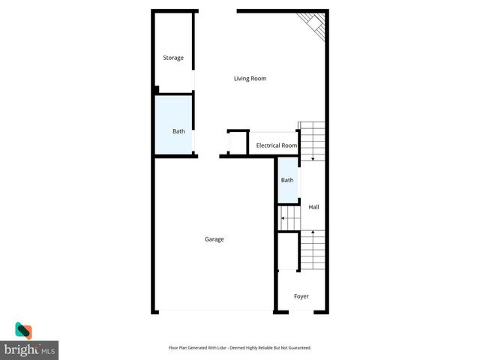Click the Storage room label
[173, 58]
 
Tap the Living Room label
[250, 79]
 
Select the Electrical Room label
[277, 145]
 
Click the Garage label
[214, 239]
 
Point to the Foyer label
[301, 296]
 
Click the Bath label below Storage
[178, 132]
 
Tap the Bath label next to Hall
[287, 180]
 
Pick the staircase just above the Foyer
[312, 250]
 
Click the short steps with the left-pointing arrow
[289, 219]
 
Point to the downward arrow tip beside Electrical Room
[312, 160]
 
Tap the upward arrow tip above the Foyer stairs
[312, 232]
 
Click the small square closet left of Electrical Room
[237, 142]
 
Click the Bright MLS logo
[29, 341]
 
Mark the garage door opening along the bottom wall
[214, 311]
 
